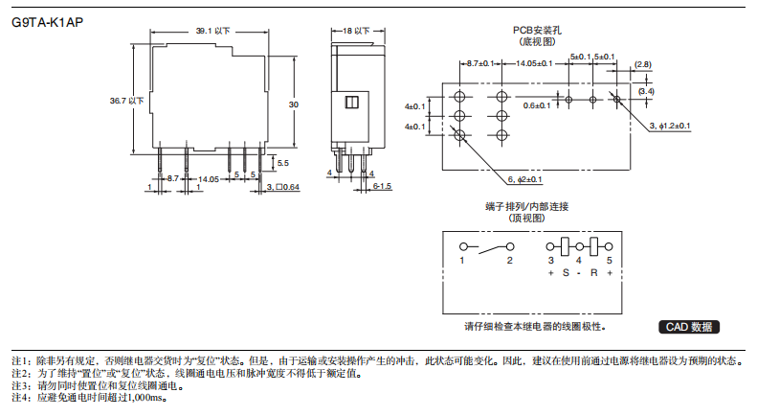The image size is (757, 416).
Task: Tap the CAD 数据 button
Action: [x=688, y=327]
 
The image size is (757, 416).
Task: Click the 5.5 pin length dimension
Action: [x=282, y=164]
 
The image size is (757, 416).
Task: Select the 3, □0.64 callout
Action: [x=284, y=186]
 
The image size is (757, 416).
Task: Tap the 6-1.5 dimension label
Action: [x=382, y=185]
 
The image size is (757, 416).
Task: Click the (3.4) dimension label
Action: [x=646, y=91]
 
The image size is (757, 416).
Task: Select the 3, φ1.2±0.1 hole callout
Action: [x=670, y=126]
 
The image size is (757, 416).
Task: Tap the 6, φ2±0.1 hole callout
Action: [x=524, y=179]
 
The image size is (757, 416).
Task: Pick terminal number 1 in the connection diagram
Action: [x=462, y=261]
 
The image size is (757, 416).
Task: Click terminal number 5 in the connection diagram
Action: [x=609, y=261]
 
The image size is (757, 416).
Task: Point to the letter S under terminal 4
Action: [x=566, y=274]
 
